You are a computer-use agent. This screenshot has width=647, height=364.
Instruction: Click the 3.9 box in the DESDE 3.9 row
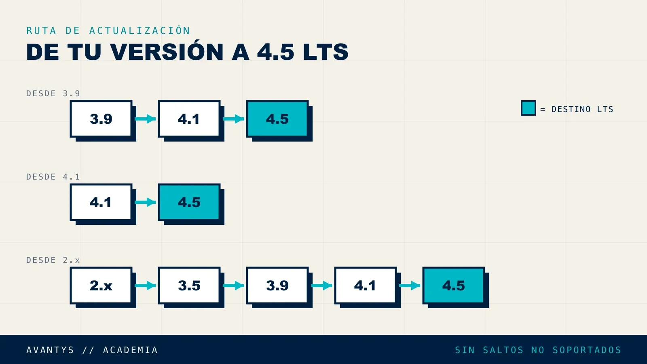pyautogui.click(x=101, y=119)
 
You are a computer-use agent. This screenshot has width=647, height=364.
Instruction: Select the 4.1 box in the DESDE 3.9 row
pyautogui.click(x=189, y=119)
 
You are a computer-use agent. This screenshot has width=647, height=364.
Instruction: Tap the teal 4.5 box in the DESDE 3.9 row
pyautogui.click(x=277, y=119)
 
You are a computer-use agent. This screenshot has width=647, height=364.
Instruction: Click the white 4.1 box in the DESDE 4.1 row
pyautogui.click(x=101, y=202)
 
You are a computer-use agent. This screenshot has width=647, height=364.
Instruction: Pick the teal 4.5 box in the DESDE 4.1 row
pyautogui.click(x=189, y=202)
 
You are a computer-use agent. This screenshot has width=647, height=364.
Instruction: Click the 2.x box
pyautogui.click(x=101, y=286)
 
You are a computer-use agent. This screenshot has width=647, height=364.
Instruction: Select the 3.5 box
pyautogui.click(x=189, y=286)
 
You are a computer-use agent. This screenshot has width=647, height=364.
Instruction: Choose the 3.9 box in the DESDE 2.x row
pyautogui.click(x=277, y=286)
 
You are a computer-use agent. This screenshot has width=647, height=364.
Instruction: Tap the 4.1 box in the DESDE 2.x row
pyautogui.click(x=366, y=286)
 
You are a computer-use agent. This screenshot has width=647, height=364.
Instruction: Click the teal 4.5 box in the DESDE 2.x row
pyautogui.click(x=453, y=286)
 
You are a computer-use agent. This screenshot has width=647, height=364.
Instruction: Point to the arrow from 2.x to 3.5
pyautogui.click(x=145, y=286)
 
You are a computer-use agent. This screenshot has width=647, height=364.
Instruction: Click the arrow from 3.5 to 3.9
pyautogui.click(x=233, y=286)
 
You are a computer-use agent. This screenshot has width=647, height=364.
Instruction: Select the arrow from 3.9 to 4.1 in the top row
pyautogui.click(x=145, y=119)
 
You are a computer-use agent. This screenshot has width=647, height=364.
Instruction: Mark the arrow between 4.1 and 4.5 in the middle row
pyautogui.click(x=145, y=202)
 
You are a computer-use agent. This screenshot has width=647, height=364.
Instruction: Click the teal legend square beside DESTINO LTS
pyautogui.click(x=528, y=108)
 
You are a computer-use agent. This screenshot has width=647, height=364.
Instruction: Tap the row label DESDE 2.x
pyautogui.click(x=53, y=260)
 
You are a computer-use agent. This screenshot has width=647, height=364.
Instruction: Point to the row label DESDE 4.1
pyautogui.click(x=53, y=177)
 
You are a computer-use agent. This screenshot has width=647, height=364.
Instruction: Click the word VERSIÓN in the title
pyautogui.click(x=167, y=52)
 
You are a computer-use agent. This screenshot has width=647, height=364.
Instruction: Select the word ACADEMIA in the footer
pyautogui.click(x=130, y=350)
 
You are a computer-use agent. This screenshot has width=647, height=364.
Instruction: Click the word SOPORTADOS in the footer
pyautogui.click(x=587, y=350)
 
